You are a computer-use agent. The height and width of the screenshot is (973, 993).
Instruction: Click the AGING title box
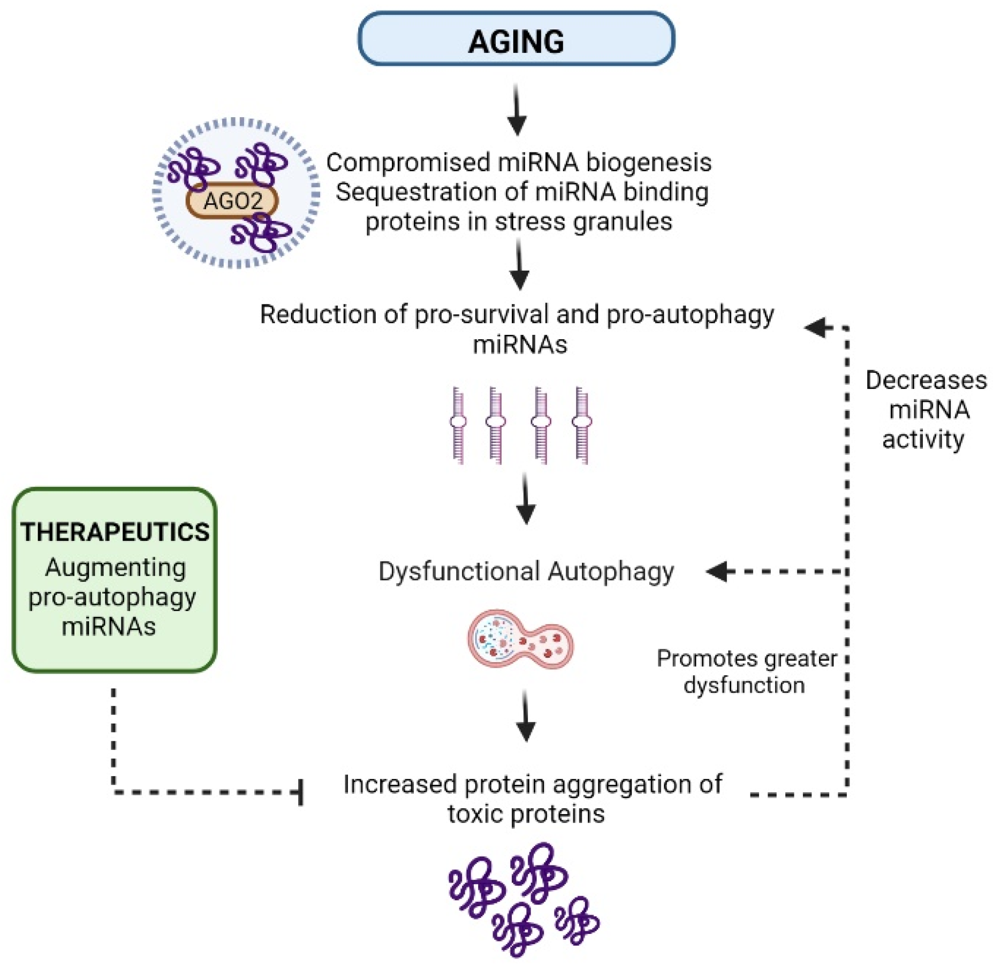(x=516, y=39)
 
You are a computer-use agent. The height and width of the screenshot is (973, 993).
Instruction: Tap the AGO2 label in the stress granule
(x=232, y=201)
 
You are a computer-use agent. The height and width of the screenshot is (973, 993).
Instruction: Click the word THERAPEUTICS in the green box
(x=115, y=532)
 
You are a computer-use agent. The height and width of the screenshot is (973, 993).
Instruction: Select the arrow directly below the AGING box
(x=517, y=109)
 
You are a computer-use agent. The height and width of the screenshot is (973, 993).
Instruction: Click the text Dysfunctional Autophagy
(x=526, y=571)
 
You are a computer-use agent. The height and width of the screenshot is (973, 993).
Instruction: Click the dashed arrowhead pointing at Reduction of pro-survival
(x=816, y=327)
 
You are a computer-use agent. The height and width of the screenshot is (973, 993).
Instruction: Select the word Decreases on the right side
(x=926, y=380)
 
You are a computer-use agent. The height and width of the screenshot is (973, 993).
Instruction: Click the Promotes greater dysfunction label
(x=746, y=672)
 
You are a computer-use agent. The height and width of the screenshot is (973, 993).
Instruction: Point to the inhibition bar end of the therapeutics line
(x=301, y=792)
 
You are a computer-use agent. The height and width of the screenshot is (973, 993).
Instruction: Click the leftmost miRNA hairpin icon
(x=458, y=425)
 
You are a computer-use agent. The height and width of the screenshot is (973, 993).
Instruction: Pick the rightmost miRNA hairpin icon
(x=582, y=425)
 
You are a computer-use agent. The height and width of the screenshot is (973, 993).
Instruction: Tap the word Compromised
(x=407, y=162)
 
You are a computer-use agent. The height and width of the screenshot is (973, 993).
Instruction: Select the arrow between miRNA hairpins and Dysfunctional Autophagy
(x=526, y=499)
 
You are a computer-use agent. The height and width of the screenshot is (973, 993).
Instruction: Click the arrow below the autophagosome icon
(x=526, y=716)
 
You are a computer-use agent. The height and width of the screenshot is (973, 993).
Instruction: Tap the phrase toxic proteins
(x=526, y=814)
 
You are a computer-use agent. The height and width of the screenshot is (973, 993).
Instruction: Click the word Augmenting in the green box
(x=115, y=568)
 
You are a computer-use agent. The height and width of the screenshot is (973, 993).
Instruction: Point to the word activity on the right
(x=923, y=440)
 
